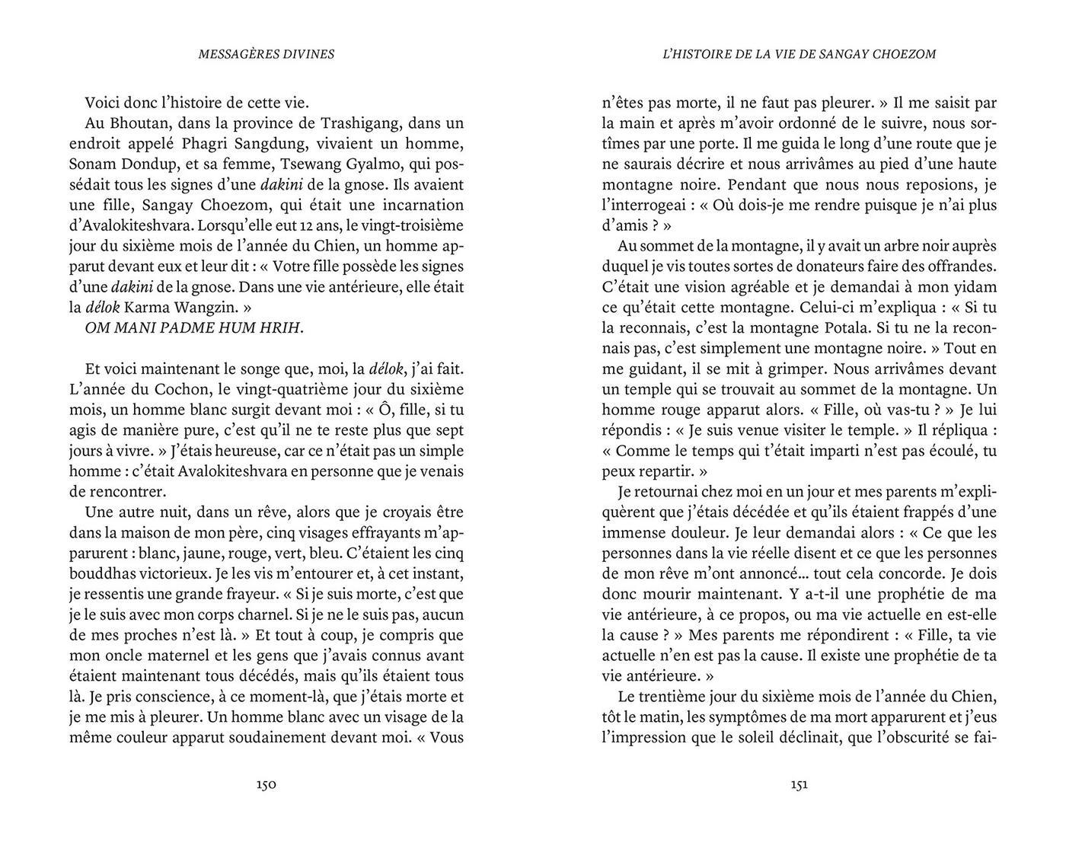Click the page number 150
266,784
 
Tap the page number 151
799,784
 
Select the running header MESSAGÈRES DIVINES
266,54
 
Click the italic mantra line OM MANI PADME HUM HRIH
195,329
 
